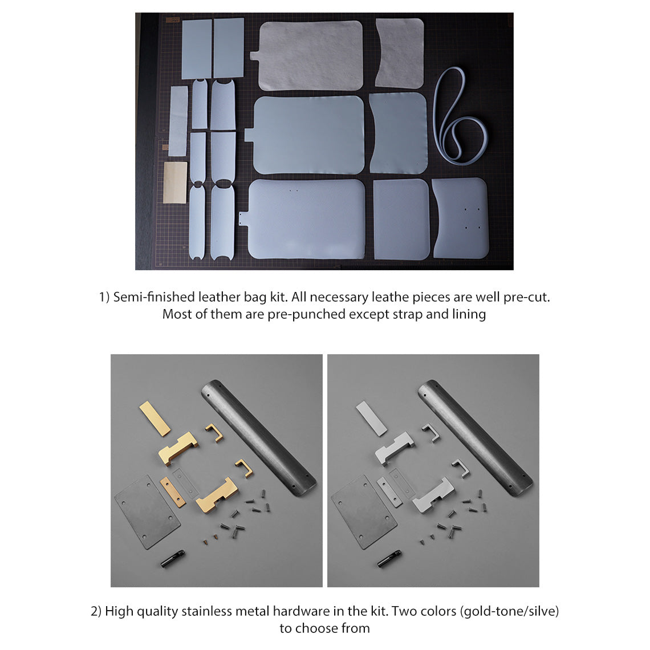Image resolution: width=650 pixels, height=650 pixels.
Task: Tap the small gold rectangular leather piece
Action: (175, 182)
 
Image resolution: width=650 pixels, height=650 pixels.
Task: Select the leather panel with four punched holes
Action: (460, 218)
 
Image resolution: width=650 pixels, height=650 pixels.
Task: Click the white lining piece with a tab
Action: (310, 55)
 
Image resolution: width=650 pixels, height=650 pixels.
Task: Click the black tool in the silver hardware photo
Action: (389, 558)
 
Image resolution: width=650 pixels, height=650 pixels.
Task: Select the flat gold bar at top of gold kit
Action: (155, 418)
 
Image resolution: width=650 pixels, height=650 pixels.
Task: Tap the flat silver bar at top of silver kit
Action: (371, 418)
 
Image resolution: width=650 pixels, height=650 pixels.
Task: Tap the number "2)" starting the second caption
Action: (96, 611)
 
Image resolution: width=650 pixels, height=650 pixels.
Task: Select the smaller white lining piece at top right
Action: (400, 52)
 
